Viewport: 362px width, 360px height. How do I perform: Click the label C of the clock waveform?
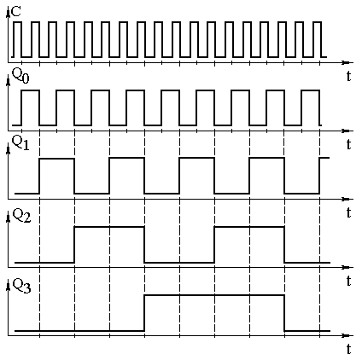(16, 12)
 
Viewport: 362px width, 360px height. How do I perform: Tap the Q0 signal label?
(20, 76)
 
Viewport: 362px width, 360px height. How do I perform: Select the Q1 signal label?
(20, 143)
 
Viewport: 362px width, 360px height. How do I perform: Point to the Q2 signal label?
(21, 216)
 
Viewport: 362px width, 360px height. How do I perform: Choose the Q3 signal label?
(21, 286)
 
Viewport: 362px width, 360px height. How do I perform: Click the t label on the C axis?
(348, 76)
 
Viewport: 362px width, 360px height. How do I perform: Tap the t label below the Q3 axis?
(348, 349)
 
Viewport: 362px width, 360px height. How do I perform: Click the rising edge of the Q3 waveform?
(144, 313)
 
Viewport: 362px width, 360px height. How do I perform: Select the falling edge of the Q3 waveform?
(284, 313)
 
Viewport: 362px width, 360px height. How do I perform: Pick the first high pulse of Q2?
(109, 227)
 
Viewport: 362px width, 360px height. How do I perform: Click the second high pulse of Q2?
(249, 227)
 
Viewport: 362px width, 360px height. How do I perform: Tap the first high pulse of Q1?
(57, 159)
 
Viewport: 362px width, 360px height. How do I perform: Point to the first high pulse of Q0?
(31, 90)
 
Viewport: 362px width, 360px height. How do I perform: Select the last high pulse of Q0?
(311, 90)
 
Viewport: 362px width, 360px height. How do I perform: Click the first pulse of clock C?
(17, 22)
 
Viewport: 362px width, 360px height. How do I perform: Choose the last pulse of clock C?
(318, 22)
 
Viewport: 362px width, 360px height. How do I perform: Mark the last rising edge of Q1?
(319, 176)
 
